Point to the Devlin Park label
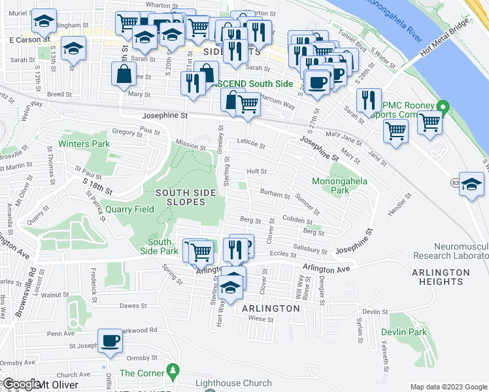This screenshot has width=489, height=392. pyautogui.click(x=403, y=333)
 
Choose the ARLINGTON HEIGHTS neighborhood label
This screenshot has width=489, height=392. pyautogui.click(x=441, y=277)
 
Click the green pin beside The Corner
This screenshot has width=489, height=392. pyautogui.click(x=173, y=370)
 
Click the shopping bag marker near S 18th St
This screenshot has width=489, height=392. pyautogui.click(x=124, y=74)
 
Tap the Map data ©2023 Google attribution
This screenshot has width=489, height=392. pyautogui.click(x=448, y=387)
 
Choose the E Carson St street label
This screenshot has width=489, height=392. pyautogui.click(x=29, y=40)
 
